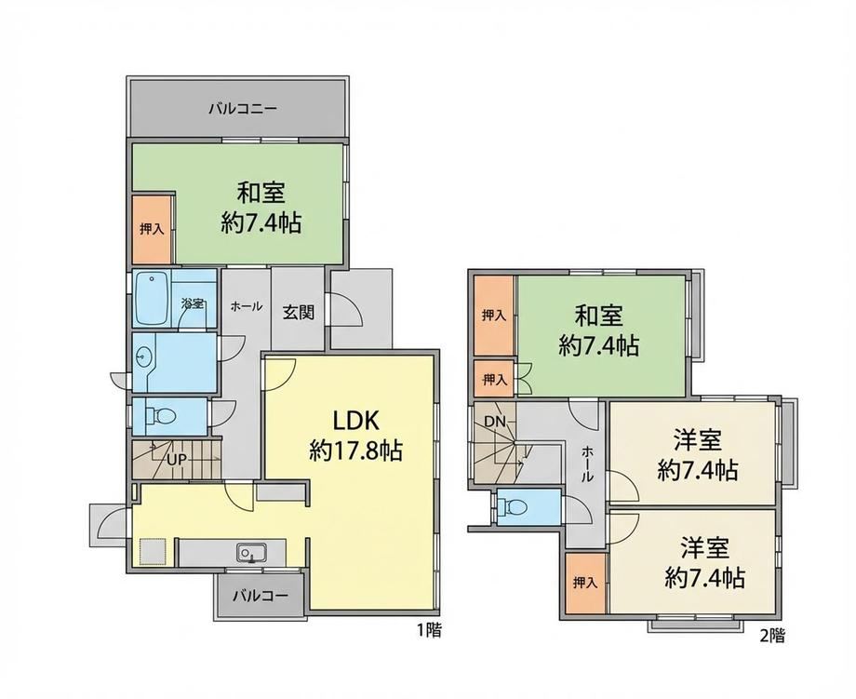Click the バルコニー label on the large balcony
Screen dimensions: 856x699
click(243, 108)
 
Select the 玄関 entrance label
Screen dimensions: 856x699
click(298, 313)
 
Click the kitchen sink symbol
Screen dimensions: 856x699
click(251, 553)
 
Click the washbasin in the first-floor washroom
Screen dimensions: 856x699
click(143, 357)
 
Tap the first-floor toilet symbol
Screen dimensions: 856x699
click(162, 417)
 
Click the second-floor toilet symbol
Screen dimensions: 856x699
click(515, 507)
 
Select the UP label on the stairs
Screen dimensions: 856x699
click(177, 460)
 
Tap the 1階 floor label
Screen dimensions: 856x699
click(429, 631)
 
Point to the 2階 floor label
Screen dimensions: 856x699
click(772, 636)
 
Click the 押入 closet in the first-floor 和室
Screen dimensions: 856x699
click(153, 229)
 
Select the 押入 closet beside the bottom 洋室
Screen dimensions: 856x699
click(584, 583)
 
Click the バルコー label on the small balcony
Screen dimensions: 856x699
click(260, 595)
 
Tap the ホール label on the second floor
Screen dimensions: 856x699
click(587, 464)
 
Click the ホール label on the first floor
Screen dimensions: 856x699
click(247, 306)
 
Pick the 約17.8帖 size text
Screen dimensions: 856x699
click(356, 451)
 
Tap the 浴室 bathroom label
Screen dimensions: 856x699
click(193, 303)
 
